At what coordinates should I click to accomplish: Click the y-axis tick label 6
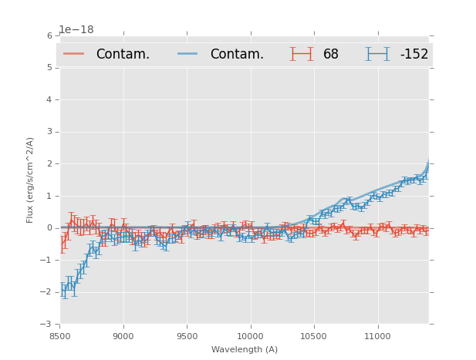click(49, 35)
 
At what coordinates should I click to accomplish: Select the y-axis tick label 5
click(49, 68)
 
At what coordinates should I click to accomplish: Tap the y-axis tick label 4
click(49, 99)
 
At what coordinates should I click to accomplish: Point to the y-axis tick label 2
click(49, 163)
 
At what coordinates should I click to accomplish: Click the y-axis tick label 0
click(49, 228)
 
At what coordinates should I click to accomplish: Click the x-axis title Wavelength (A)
click(245, 349)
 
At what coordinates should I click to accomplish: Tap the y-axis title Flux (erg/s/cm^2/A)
click(31, 180)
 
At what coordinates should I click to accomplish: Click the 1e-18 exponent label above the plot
click(76, 29)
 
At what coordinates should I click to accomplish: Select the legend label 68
click(331, 54)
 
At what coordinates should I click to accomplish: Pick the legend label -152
click(414, 54)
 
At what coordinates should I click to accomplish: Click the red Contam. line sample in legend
click(75, 54)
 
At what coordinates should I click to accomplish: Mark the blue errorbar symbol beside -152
click(377, 54)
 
